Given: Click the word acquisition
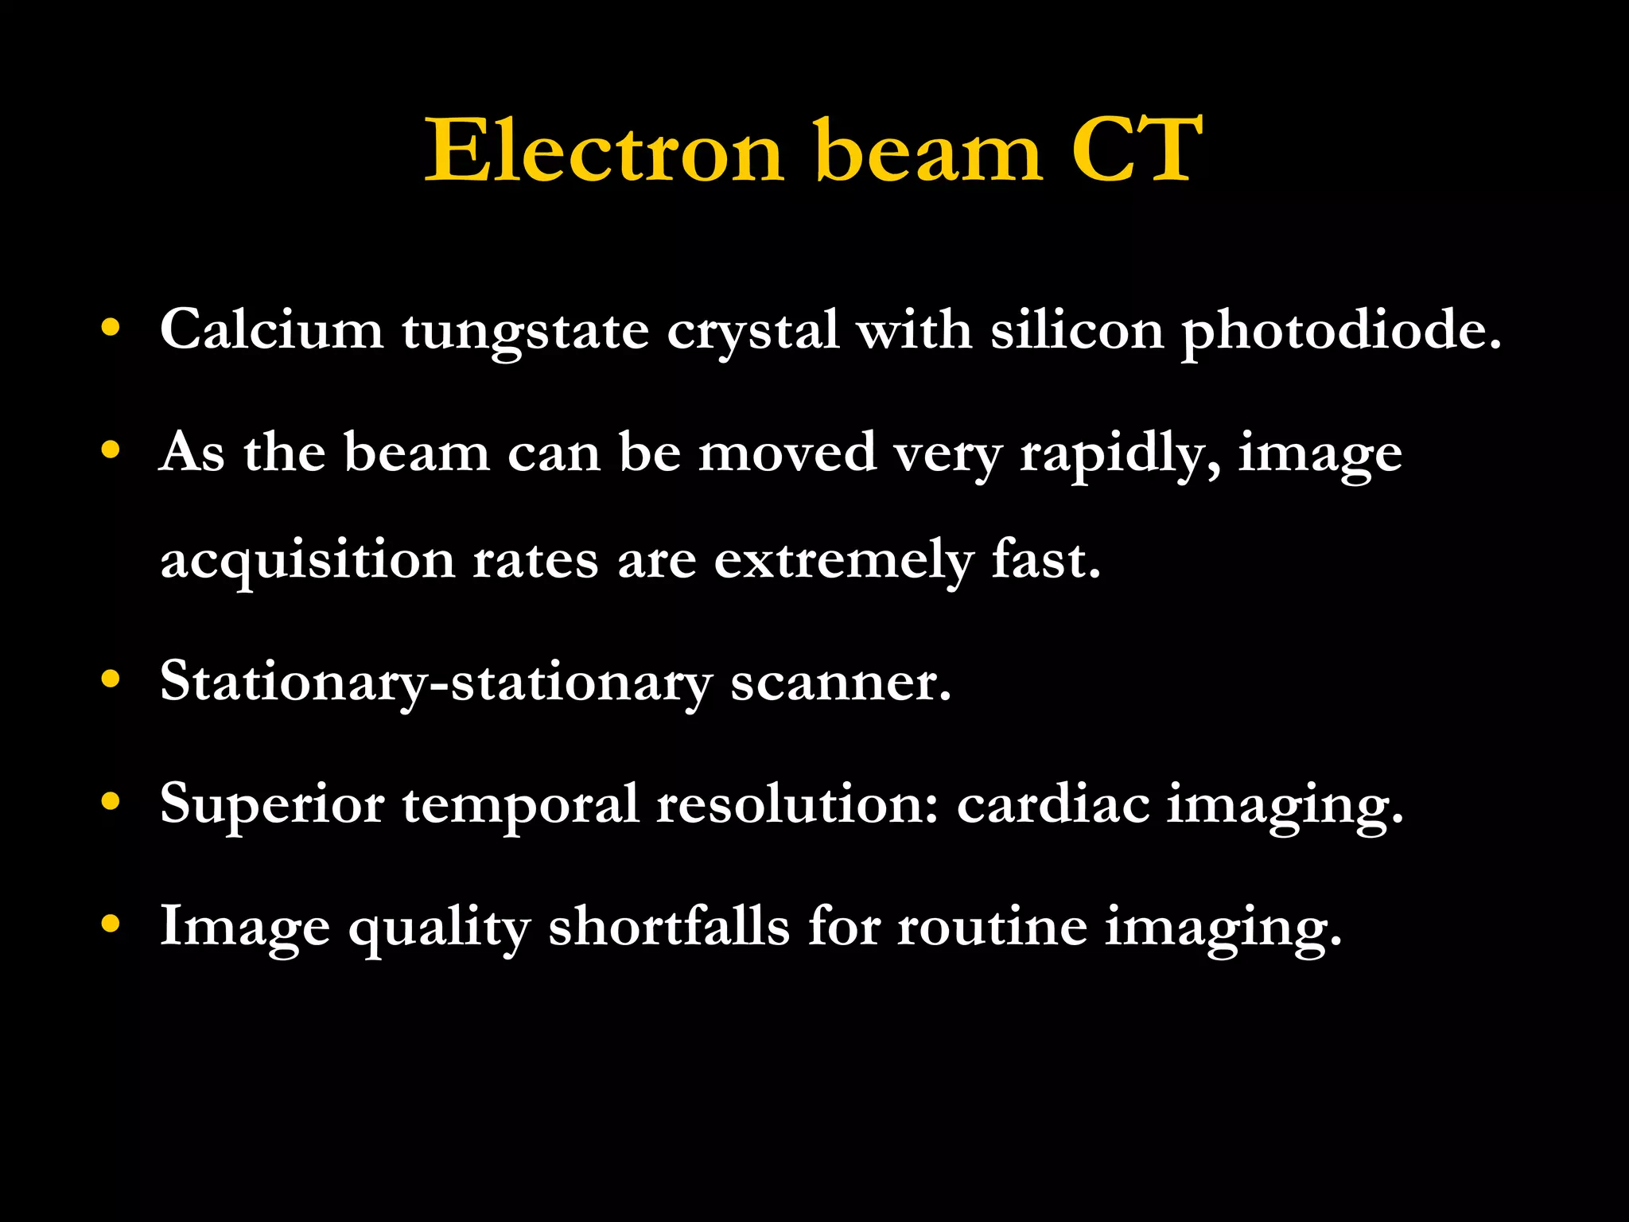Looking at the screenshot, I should (307, 562).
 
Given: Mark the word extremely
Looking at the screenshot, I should (843, 562).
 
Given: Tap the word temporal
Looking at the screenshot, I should (520, 805).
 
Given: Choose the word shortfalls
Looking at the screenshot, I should (669, 926).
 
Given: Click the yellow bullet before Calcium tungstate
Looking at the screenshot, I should (111, 327).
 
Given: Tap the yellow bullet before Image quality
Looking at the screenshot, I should (111, 924).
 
